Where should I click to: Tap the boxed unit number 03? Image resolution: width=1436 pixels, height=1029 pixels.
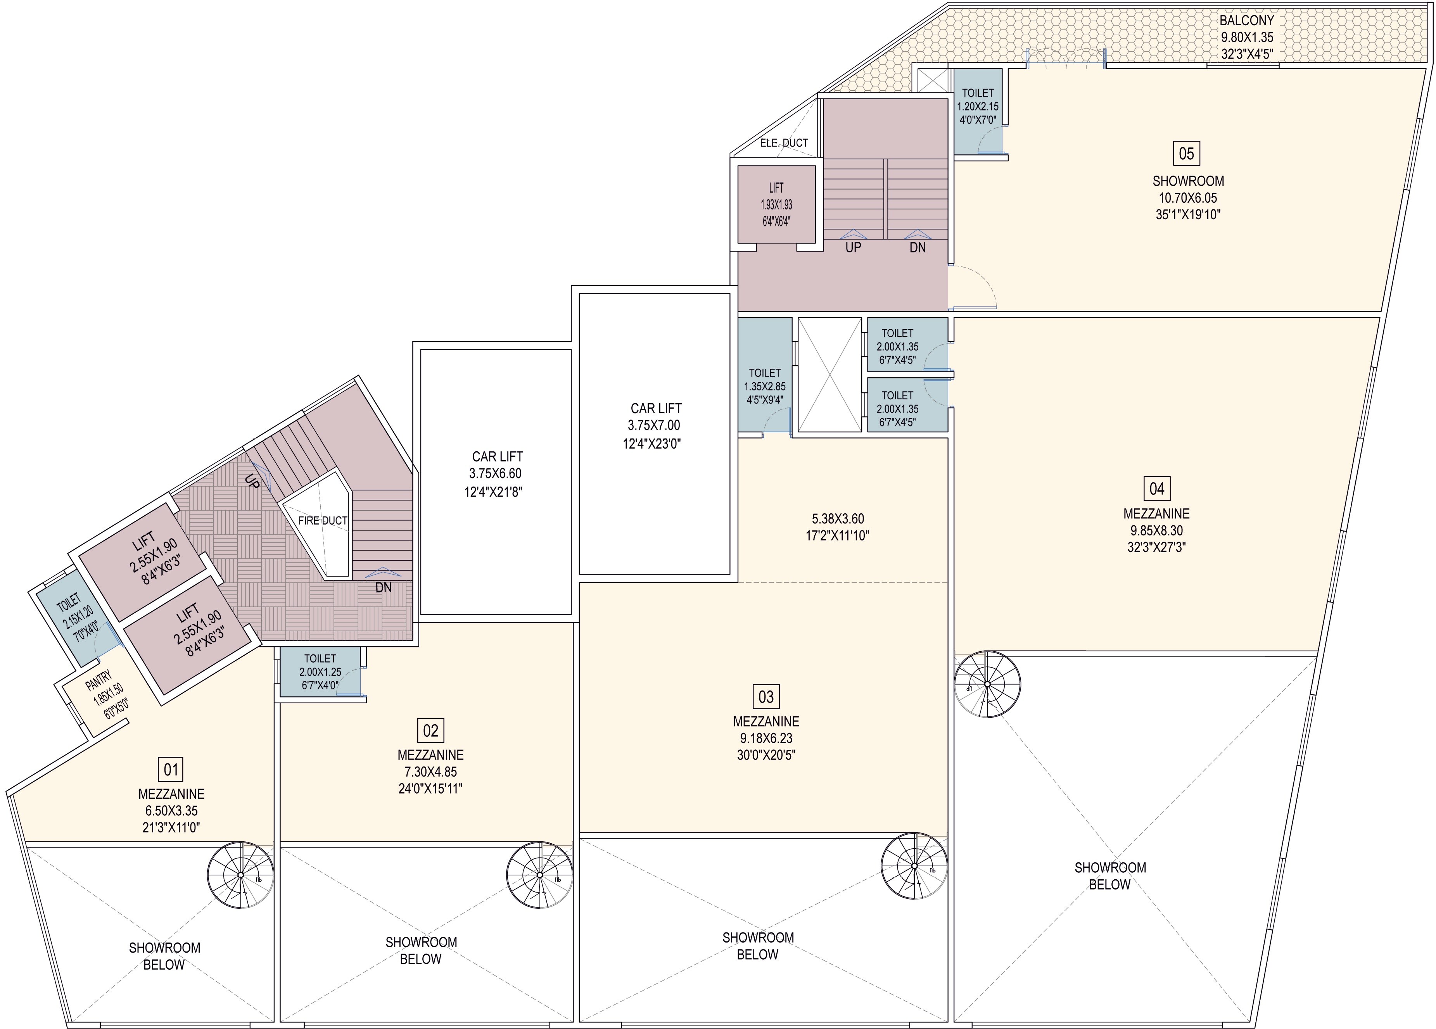click(766, 697)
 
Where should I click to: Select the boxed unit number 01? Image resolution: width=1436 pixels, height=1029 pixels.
click(171, 770)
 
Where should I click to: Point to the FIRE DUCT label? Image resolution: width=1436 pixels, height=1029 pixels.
click(323, 521)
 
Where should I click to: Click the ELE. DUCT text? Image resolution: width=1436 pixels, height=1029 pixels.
click(784, 143)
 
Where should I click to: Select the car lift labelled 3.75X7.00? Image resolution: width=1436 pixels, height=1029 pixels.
click(655, 425)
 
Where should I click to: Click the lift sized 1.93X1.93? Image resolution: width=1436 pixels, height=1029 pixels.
click(776, 204)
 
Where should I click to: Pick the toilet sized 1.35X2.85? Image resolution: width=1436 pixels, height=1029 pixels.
click(764, 386)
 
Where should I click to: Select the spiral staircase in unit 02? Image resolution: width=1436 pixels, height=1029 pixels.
click(539, 875)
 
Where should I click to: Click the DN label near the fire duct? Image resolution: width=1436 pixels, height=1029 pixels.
click(383, 587)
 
